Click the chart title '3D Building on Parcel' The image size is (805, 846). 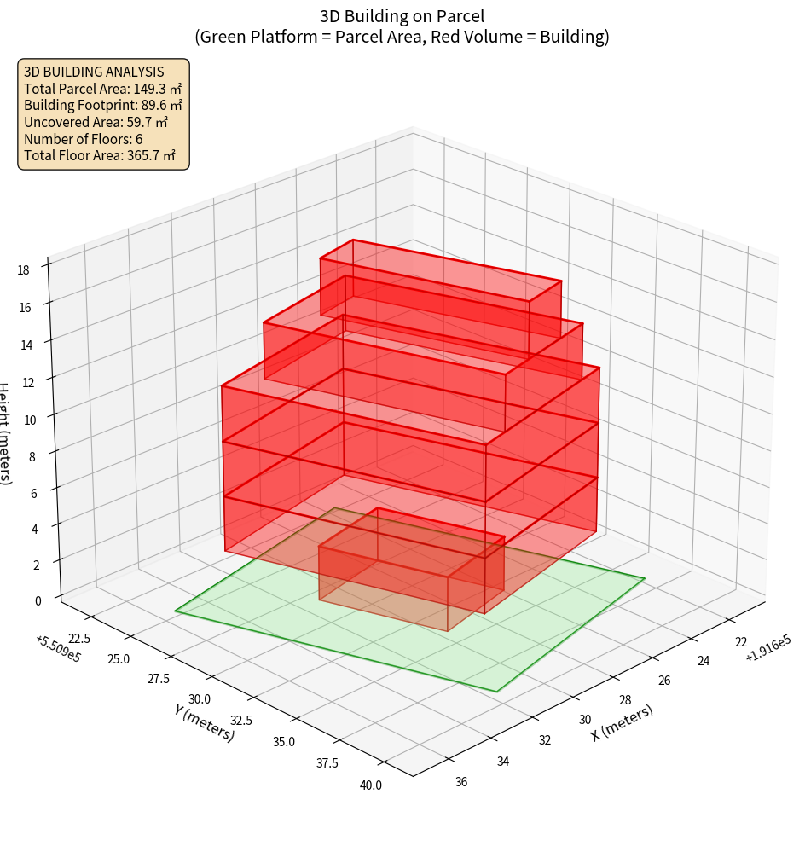(x=402, y=15)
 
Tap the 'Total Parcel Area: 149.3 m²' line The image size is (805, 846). (x=102, y=88)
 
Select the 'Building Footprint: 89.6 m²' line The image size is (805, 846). (x=102, y=105)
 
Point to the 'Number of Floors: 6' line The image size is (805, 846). (x=83, y=139)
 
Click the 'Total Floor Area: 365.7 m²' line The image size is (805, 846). (x=100, y=156)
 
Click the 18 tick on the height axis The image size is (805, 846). (x=23, y=270)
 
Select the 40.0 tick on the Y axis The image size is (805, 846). (x=370, y=785)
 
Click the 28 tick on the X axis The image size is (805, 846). (x=624, y=700)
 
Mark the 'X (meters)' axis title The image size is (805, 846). (x=622, y=723)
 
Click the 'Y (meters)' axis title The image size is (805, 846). (x=204, y=721)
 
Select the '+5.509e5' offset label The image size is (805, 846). (x=58, y=647)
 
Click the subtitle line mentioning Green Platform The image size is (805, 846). (x=402, y=38)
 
